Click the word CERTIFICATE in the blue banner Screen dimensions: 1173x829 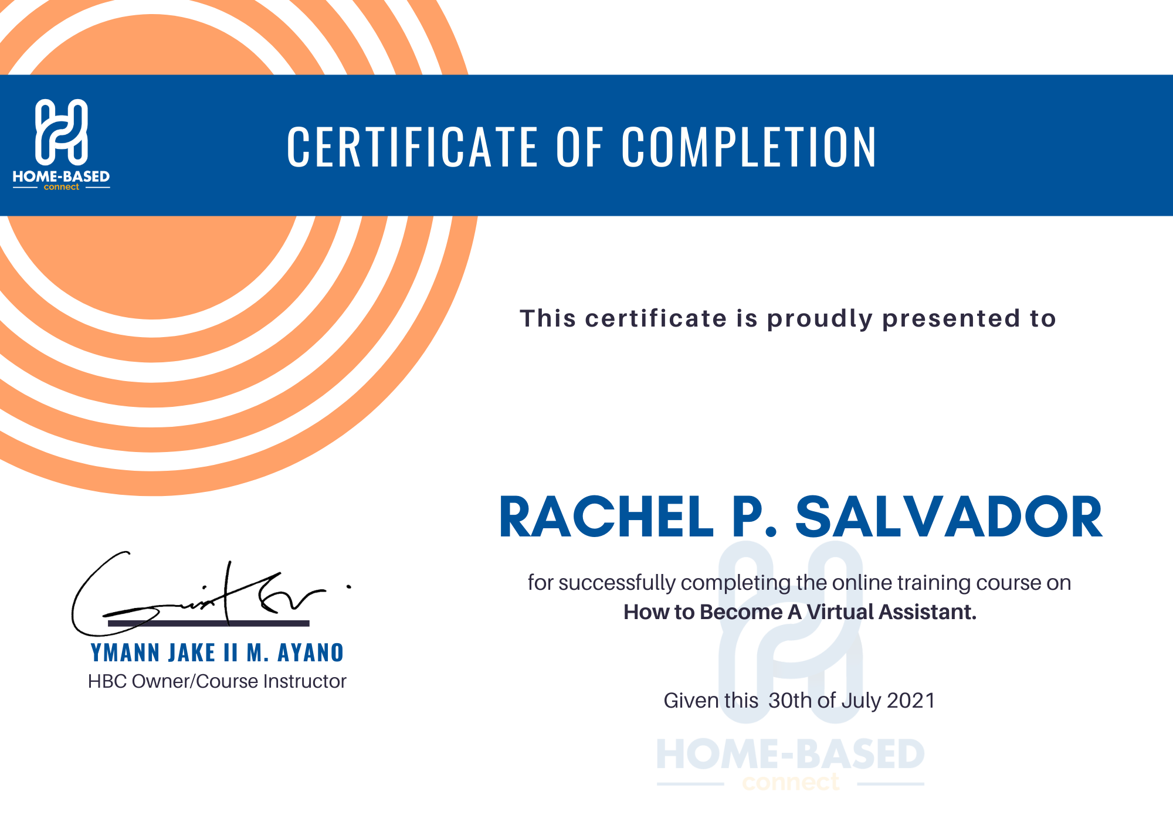click(412, 147)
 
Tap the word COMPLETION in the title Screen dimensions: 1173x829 click(749, 147)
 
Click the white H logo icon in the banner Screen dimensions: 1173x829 click(62, 131)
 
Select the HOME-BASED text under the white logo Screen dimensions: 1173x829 click(62, 176)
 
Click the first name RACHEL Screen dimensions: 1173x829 click(606, 517)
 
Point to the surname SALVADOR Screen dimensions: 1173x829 click(948, 517)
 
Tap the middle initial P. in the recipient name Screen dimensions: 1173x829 click(755, 517)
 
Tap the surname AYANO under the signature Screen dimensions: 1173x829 click(310, 653)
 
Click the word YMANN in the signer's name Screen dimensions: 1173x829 click(125, 653)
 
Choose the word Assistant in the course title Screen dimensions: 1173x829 click(927, 612)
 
